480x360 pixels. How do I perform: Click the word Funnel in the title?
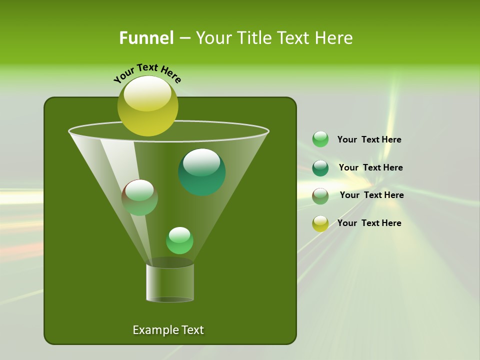tap(146, 38)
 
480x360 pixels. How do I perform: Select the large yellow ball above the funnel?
tap(147, 106)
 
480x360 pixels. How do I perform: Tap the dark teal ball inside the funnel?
tap(201, 172)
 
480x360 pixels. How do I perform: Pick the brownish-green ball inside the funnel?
tap(139, 197)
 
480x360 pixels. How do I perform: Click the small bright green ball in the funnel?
tap(179, 240)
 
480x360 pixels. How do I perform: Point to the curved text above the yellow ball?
tap(147, 72)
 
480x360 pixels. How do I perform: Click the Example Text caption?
tap(168, 330)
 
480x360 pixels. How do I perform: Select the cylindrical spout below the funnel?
tap(170, 282)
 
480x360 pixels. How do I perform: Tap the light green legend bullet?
tap(320, 139)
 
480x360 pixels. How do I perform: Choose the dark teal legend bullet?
tap(320, 168)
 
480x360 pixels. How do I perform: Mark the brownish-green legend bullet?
tap(320, 196)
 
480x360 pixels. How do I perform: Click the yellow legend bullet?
tap(320, 223)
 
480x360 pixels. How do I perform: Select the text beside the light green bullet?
tap(369, 140)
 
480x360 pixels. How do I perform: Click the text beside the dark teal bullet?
tap(370, 168)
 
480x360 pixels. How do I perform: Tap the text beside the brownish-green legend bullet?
tap(371, 195)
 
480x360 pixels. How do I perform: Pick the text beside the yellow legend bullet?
tap(369, 223)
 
